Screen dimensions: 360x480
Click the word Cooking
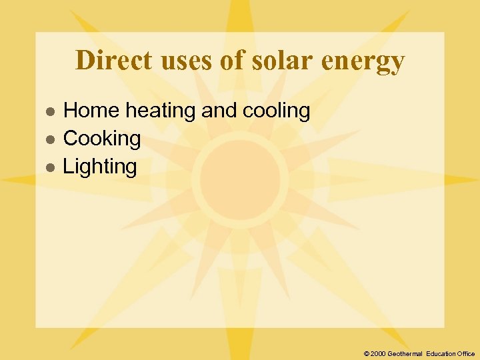click(x=101, y=139)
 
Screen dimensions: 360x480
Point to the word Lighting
click(x=99, y=167)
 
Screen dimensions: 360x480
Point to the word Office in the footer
click(x=465, y=353)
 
